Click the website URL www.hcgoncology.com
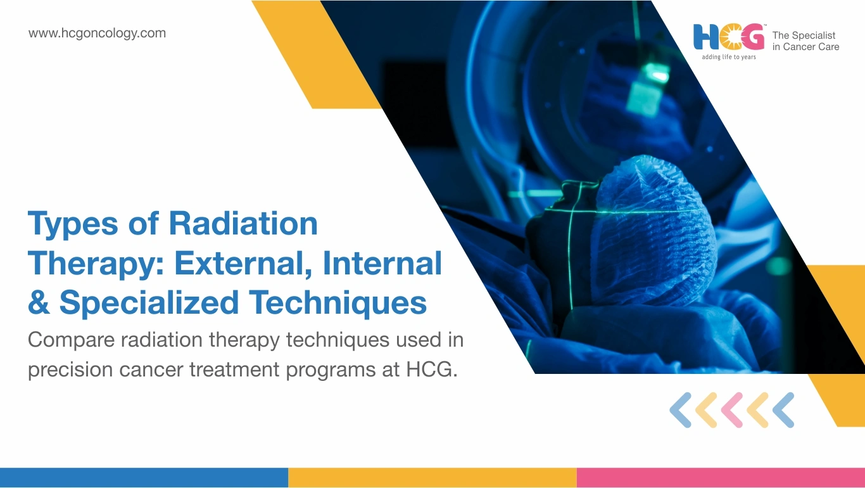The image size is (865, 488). point(97,34)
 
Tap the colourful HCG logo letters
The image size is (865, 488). point(729,37)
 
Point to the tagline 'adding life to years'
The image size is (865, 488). point(729,57)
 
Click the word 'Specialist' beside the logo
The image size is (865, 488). point(814,35)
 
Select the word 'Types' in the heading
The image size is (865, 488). point(73,224)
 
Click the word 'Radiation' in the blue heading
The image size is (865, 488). point(243,223)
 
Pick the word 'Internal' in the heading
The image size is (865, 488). point(382,263)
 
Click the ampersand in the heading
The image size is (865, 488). point(39,302)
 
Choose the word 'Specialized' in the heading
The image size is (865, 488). point(149,303)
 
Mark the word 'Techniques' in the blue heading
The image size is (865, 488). point(338,303)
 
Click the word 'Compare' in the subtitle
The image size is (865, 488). point(72,340)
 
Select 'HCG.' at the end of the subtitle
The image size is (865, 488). point(432,369)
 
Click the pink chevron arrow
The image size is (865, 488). point(732,410)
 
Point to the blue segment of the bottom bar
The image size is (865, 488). point(144,478)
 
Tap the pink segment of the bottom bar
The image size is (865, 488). point(721,478)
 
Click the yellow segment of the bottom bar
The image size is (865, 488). point(432,478)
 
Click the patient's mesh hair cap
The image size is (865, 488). point(653,232)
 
